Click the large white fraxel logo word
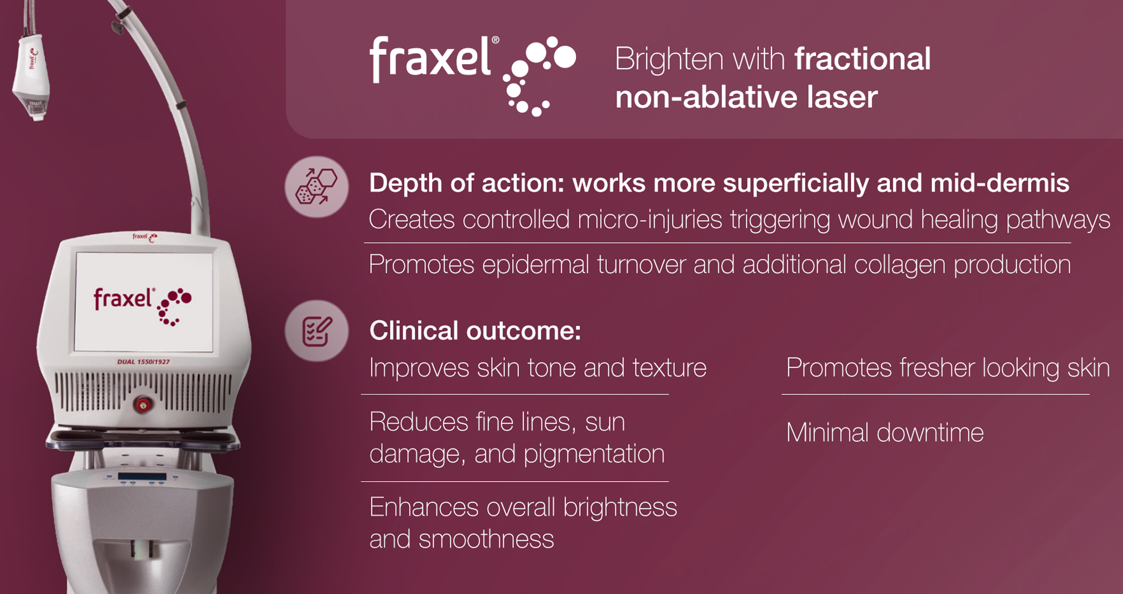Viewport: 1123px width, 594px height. click(430, 59)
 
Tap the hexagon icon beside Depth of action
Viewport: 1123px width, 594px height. click(316, 187)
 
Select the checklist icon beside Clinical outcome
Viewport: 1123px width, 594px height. click(316, 331)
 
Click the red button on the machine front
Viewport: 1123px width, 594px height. click(142, 405)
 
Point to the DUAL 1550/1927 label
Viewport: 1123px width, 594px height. click(143, 361)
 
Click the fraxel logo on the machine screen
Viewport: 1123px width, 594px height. click(142, 304)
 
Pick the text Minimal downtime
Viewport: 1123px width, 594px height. click(884, 433)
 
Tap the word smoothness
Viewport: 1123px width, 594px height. click(485, 539)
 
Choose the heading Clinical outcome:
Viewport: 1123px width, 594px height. click(475, 331)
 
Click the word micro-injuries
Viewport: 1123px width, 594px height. click(649, 220)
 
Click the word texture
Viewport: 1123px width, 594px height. click(669, 368)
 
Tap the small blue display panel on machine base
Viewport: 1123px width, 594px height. click(142, 477)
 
